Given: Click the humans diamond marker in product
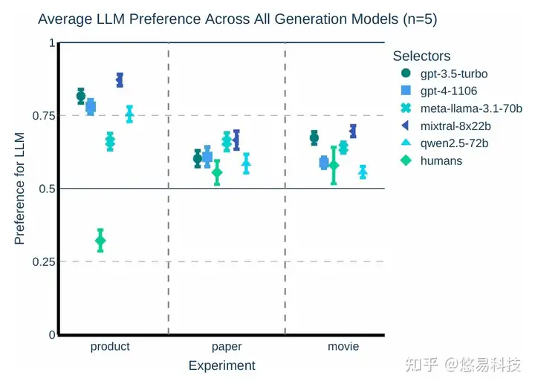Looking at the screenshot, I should tap(100, 240).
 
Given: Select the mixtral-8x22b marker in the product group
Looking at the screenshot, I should tap(120, 79).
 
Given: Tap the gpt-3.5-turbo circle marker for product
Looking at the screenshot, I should tap(81, 96).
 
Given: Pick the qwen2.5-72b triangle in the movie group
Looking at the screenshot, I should tap(363, 172).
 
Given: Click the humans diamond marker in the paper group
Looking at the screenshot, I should tap(217, 172).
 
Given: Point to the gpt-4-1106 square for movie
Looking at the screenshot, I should tap(324, 163).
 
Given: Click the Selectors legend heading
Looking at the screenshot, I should tap(421, 56).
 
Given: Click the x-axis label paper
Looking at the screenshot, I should tap(227, 347).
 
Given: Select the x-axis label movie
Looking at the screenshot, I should tap(343, 347).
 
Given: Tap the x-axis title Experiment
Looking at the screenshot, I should tap(221, 365).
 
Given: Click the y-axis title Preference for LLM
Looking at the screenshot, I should tap(20, 189).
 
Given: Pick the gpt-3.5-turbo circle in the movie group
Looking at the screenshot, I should tap(314, 137).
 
